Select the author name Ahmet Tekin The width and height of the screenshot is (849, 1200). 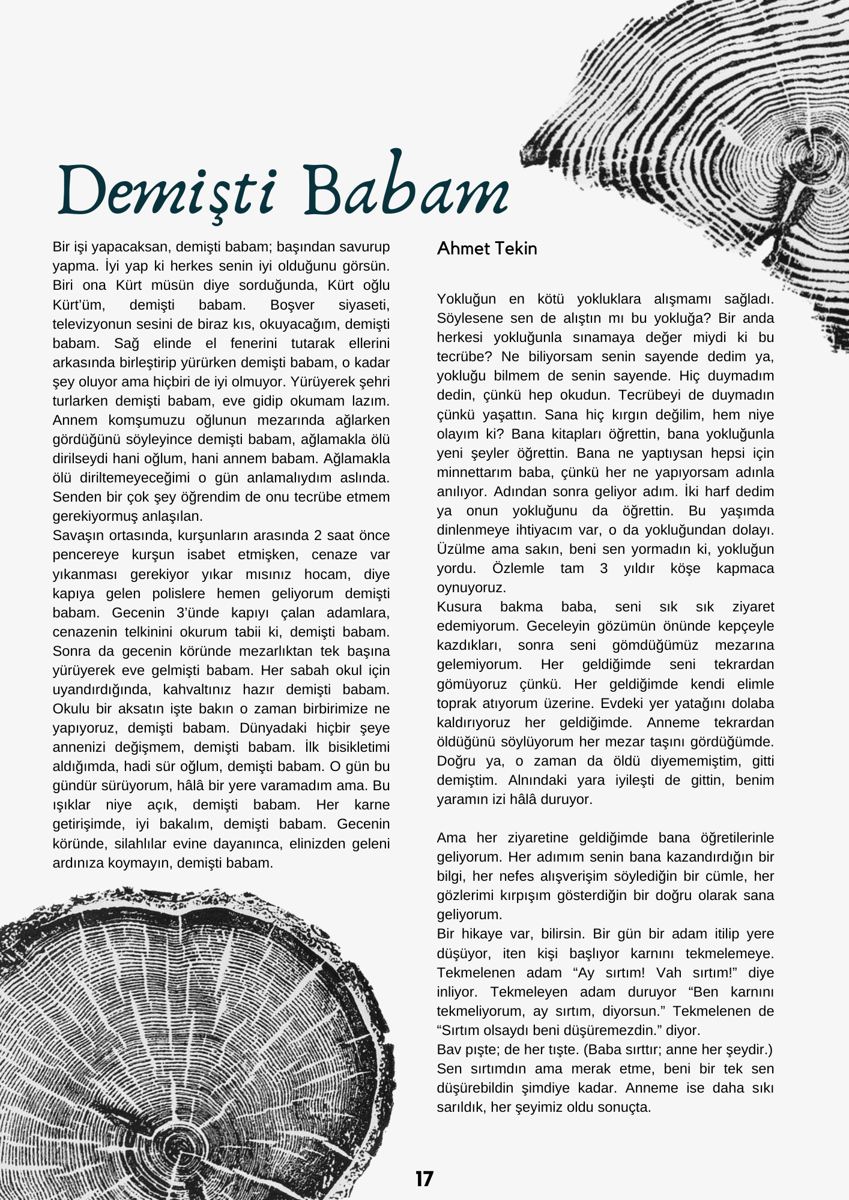(487, 248)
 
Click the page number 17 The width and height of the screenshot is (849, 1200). (424, 1179)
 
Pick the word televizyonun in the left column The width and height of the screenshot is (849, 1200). (89, 324)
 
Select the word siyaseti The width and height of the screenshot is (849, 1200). (364, 305)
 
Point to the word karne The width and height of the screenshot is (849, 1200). (372, 805)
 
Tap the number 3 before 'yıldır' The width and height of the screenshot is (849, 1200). (603, 568)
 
